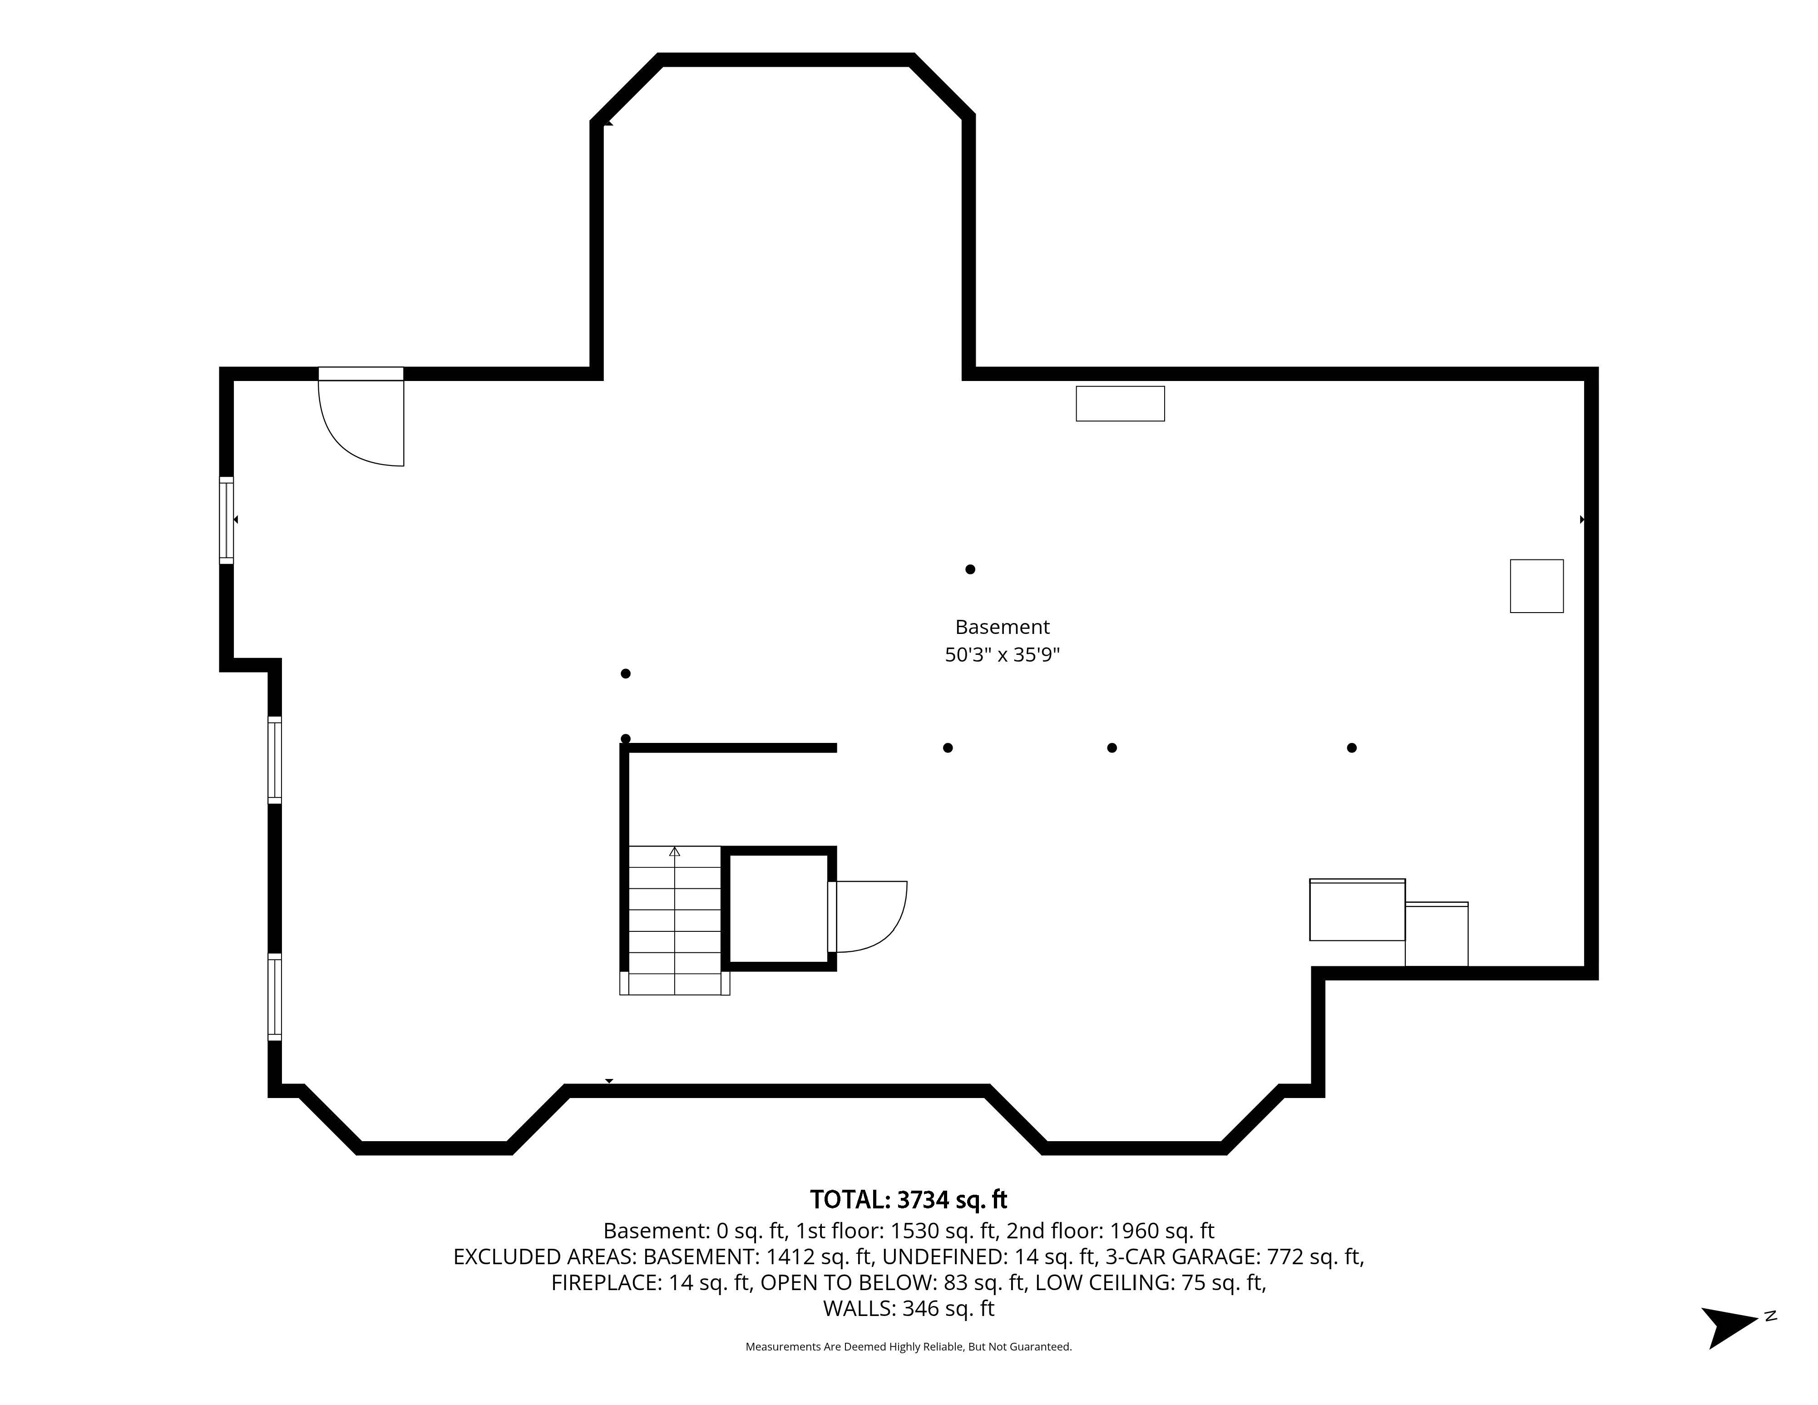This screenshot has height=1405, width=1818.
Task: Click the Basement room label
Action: coord(1002,627)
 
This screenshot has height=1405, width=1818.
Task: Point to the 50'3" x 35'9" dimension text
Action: coord(1002,655)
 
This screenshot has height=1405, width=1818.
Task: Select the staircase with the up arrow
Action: coord(674,920)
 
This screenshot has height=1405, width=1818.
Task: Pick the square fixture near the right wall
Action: coord(1536,586)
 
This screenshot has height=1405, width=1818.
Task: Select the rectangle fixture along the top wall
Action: coord(1121,404)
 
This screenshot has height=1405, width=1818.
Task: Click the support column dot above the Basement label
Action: coord(970,569)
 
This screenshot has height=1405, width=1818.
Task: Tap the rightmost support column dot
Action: coord(1352,747)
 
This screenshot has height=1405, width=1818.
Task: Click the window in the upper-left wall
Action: coord(227,520)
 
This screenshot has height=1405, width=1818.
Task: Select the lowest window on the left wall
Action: coord(275,996)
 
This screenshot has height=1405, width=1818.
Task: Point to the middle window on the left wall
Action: coord(275,760)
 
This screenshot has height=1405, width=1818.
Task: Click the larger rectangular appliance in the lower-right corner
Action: coord(1358,910)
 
